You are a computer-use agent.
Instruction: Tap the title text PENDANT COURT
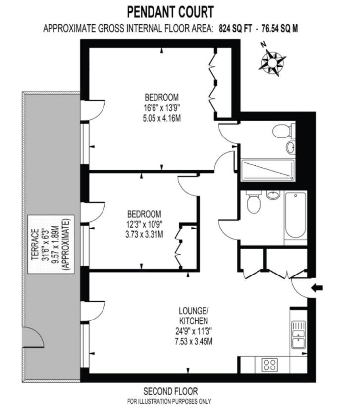170,11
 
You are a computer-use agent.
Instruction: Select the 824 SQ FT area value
235,28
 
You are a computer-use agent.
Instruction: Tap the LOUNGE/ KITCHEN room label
194,316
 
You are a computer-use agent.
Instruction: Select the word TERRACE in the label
35,245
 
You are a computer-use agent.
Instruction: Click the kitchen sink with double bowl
298,334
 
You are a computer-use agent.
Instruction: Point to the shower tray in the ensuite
267,170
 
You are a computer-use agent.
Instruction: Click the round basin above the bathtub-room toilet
273,195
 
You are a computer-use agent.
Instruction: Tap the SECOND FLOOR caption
170,391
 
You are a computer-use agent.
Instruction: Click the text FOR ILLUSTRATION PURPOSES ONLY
170,401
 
